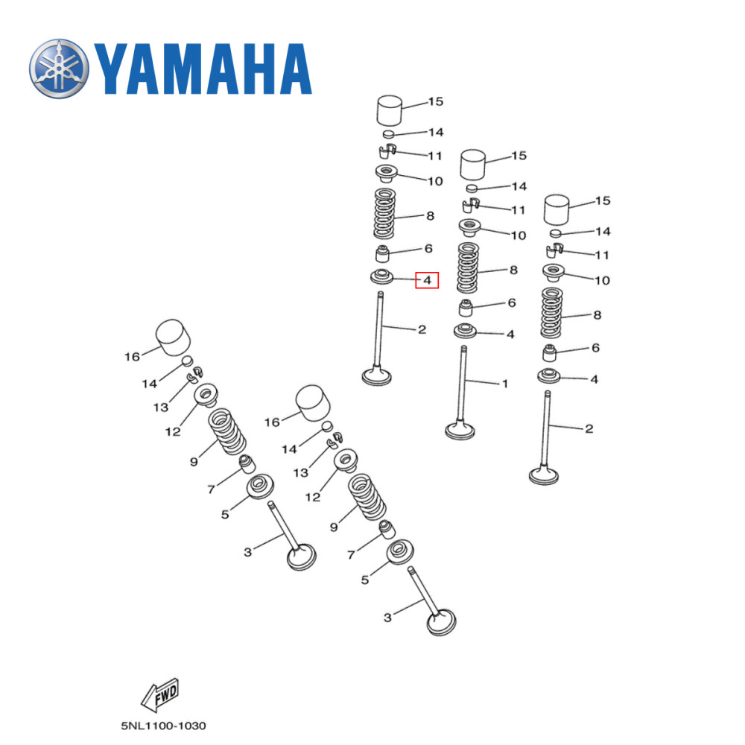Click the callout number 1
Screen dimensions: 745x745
[x=504, y=384]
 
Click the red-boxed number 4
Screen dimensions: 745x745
[x=427, y=280]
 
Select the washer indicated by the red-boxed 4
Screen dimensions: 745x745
[x=383, y=278]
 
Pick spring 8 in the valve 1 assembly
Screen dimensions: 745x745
[x=467, y=268]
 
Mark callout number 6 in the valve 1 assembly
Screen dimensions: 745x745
[x=512, y=302]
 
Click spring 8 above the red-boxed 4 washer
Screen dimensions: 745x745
[x=385, y=212]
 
